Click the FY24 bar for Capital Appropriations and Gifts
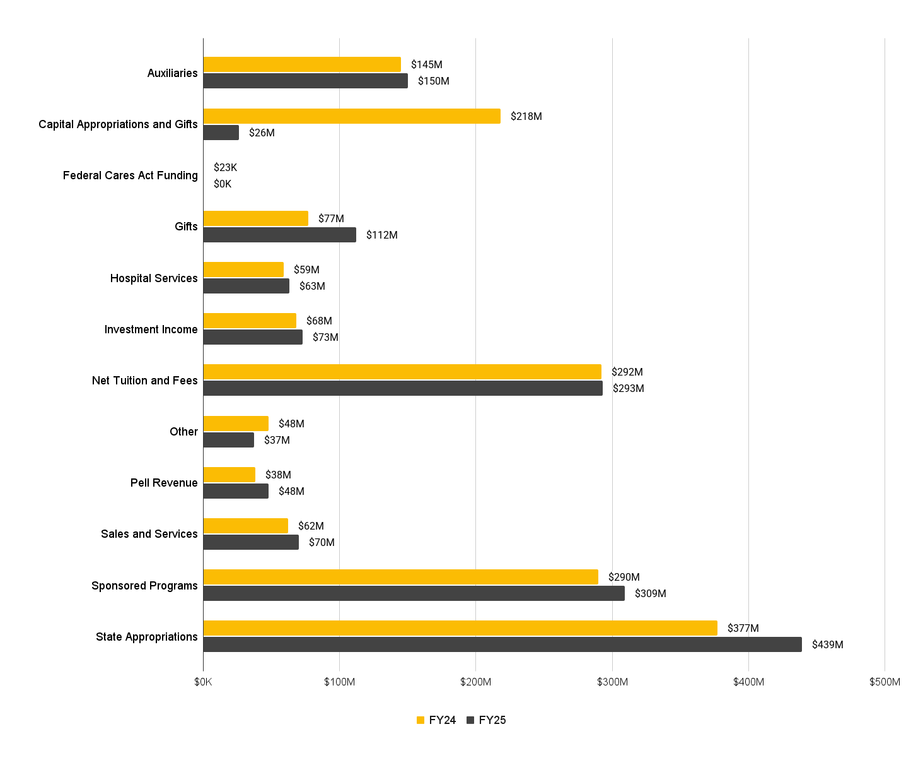click(x=352, y=116)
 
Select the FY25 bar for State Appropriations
click(x=502, y=644)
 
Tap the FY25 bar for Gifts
click(x=279, y=235)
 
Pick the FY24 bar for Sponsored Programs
click(x=400, y=577)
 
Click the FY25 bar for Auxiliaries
click(x=305, y=81)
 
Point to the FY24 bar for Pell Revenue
click(x=229, y=475)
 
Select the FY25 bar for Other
click(x=228, y=440)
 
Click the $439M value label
click(x=827, y=644)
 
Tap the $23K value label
click(x=225, y=167)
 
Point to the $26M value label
click(x=262, y=133)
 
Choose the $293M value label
click(x=628, y=388)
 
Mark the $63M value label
click(x=312, y=286)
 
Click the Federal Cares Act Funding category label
click(x=130, y=175)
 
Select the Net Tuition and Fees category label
click(x=144, y=381)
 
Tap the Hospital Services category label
click(x=154, y=278)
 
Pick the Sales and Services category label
click(x=149, y=534)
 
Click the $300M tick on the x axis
click(x=612, y=682)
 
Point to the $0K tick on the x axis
click(x=203, y=682)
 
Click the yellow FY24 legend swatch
click(x=421, y=720)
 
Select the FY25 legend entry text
click(x=492, y=720)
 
